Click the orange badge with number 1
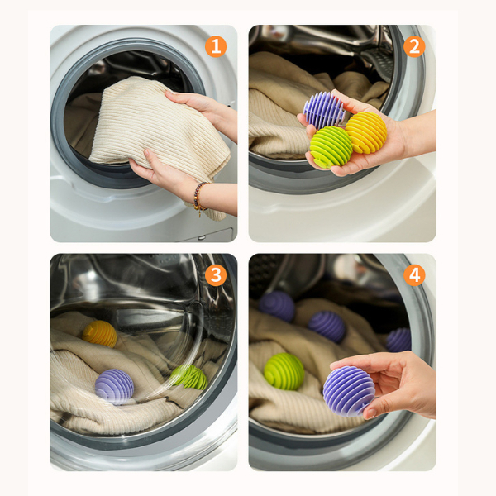[x=216, y=46]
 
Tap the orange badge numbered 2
[x=414, y=46]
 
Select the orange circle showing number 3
[x=216, y=275]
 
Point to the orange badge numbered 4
[x=414, y=275]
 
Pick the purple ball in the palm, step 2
[x=323, y=110]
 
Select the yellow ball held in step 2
[x=366, y=132]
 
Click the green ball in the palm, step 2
[x=331, y=146]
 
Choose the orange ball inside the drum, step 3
[x=100, y=334]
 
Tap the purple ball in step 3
[x=114, y=387]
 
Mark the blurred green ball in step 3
[x=189, y=377]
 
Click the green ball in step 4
[x=284, y=371]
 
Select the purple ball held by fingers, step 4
[x=349, y=391]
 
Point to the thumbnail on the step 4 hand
[x=370, y=413]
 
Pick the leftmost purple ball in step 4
[x=277, y=306]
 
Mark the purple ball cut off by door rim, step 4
[x=398, y=340]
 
